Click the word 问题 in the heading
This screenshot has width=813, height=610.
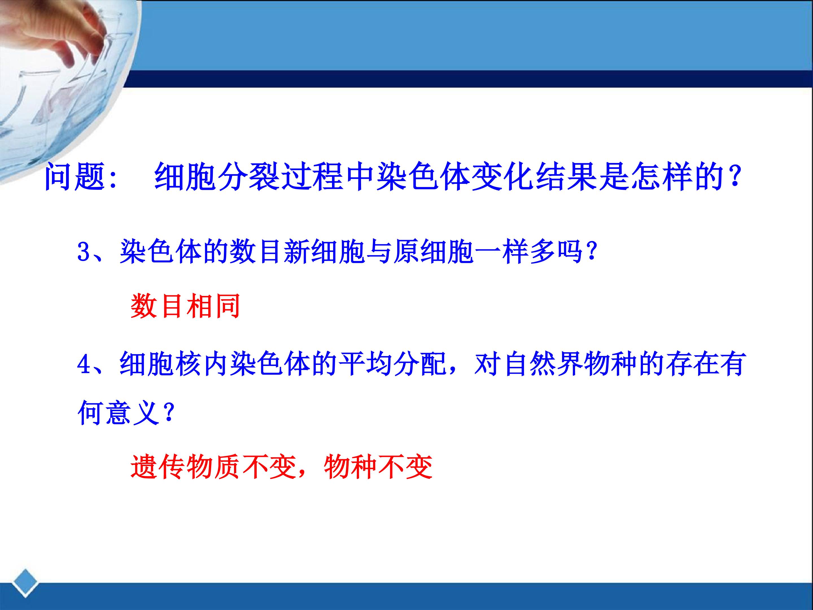(x=75, y=177)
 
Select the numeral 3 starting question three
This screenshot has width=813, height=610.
(x=84, y=252)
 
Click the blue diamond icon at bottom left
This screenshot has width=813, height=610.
(x=25, y=583)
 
